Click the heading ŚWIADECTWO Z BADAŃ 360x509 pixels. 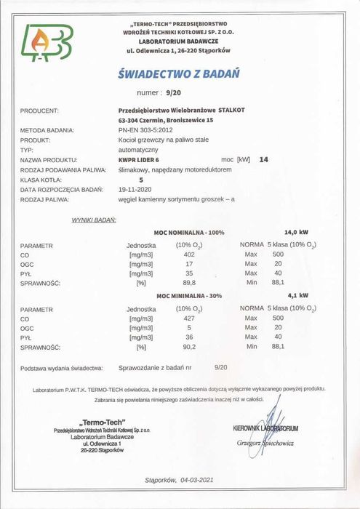(x=178, y=73)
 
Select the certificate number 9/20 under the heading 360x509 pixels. (x=173, y=93)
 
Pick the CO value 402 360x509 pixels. (x=189, y=255)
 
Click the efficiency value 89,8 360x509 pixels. (x=189, y=283)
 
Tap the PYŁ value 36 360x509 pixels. (x=189, y=337)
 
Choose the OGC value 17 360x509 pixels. (x=189, y=264)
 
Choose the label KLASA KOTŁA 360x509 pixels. (x=41, y=177)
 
